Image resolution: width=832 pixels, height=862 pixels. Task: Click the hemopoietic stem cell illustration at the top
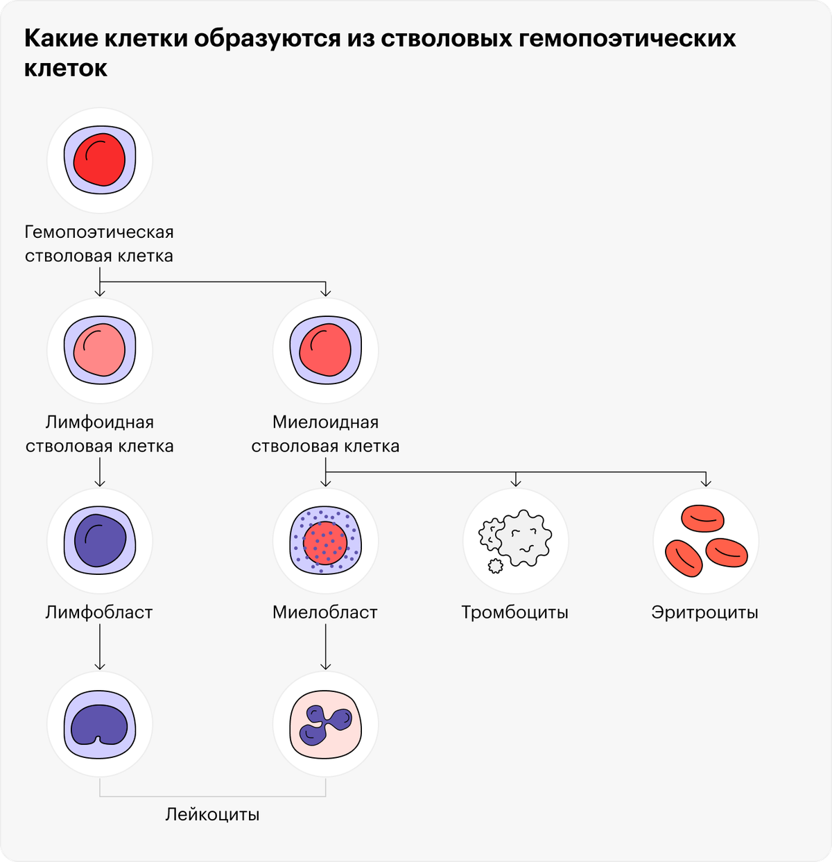click(100, 160)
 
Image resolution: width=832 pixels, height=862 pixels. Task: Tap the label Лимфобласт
click(99, 612)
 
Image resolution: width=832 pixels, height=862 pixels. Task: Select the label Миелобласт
click(325, 612)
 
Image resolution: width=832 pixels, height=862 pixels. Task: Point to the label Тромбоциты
click(515, 612)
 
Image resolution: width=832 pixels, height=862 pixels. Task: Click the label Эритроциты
click(705, 612)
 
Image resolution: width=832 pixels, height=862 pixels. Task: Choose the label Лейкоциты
click(213, 814)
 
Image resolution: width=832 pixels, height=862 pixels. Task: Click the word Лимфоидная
click(100, 422)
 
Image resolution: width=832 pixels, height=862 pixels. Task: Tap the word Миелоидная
click(325, 422)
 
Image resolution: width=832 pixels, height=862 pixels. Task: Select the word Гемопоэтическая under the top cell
click(99, 232)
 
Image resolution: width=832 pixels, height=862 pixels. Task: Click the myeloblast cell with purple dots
click(325, 540)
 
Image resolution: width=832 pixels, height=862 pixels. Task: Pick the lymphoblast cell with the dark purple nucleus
click(100, 540)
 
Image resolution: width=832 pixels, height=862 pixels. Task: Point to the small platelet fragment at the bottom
click(495, 566)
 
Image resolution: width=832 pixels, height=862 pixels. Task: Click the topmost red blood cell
click(702, 519)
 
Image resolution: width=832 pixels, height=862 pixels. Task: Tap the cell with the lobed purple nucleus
click(325, 724)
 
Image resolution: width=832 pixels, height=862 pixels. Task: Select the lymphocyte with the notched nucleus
click(100, 724)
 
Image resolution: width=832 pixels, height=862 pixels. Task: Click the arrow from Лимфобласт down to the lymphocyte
click(100, 647)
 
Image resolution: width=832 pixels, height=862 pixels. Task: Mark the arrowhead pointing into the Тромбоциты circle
click(515, 483)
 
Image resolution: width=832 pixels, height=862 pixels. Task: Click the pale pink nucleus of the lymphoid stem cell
click(99, 350)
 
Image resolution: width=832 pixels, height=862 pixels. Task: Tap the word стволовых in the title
click(446, 38)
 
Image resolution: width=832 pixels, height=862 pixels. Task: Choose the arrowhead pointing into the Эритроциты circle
click(706, 483)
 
